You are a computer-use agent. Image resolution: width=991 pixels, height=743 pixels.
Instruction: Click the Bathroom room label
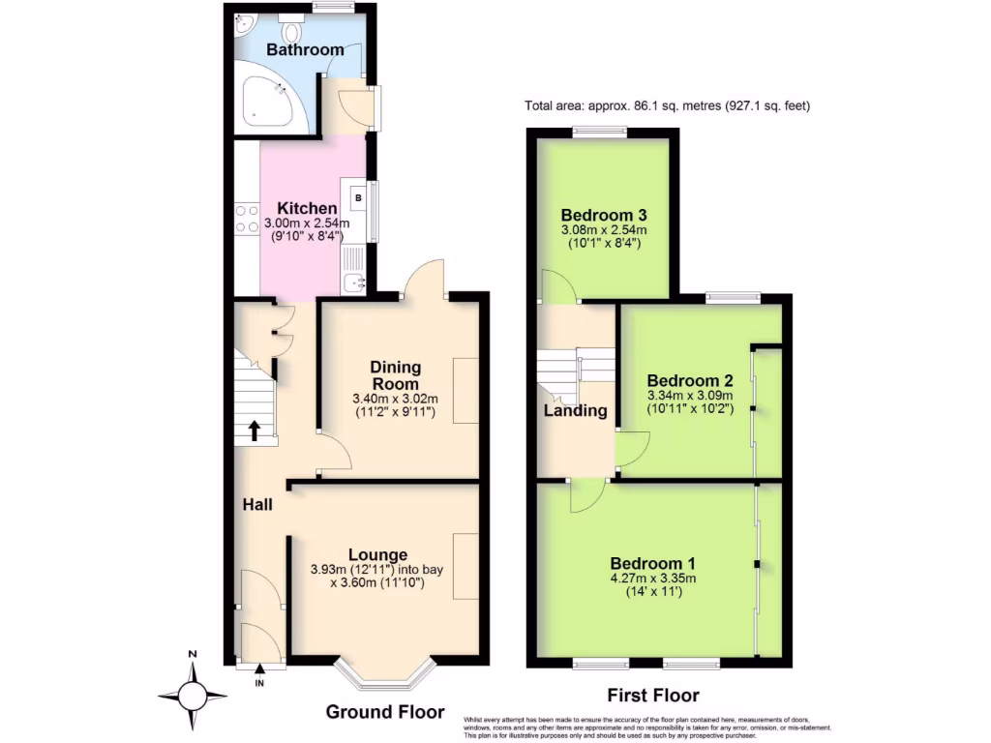pos(305,49)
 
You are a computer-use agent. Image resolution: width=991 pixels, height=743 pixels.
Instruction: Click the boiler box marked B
pos(359,198)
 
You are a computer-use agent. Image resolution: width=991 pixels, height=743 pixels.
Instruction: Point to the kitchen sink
pos(354,282)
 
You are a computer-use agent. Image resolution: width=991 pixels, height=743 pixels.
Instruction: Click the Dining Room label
pos(397,374)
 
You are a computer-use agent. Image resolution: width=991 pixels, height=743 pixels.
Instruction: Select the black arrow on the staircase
pos(255,431)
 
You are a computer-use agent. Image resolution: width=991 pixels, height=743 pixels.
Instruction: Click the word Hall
pos(257,504)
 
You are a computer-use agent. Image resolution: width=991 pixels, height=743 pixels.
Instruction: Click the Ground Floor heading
pos(385,712)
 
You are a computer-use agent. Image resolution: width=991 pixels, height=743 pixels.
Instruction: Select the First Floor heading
pos(652,695)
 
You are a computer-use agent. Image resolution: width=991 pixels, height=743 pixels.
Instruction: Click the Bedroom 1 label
pos(652,563)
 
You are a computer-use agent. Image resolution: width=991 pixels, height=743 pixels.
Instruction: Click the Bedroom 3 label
pos(603,215)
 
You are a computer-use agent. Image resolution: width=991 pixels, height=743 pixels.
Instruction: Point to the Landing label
pos(575,410)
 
